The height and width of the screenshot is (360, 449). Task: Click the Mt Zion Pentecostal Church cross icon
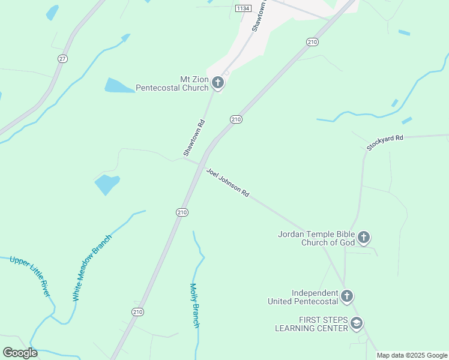tap(218, 83)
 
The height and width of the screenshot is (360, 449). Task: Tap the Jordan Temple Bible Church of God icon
tap(364, 238)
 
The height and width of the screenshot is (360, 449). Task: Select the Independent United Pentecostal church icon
tap(346, 296)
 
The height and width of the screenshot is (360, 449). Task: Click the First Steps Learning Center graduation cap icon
tap(357, 324)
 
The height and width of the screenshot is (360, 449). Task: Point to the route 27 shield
tap(62, 58)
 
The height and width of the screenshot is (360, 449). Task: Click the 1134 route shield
tap(243, 8)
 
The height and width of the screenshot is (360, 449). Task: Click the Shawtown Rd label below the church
tap(194, 139)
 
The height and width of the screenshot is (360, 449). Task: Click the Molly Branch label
tap(194, 305)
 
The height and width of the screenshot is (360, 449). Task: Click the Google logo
tap(20, 352)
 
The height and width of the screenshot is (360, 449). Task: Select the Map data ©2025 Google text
tap(412, 355)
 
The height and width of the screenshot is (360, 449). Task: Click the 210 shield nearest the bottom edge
tap(138, 311)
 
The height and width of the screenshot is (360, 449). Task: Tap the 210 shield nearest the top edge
tap(312, 41)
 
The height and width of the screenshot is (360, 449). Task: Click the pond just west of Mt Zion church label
tap(119, 86)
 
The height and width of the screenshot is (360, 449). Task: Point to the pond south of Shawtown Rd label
tap(106, 184)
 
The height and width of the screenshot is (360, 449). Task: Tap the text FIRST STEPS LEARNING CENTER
tap(311, 324)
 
